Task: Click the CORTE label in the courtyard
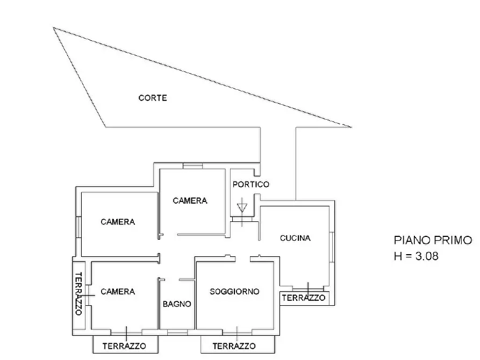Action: [x=153, y=98]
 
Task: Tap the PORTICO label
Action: [x=250, y=184]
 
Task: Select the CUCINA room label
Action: [x=295, y=238]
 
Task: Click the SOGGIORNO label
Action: [x=234, y=291]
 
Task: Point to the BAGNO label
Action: [x=177, y=304]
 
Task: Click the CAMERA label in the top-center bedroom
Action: [x=190, y=200]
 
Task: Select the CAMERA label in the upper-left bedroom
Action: [x=118, y=221]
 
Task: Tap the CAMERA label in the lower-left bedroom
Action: [x=118, y=291]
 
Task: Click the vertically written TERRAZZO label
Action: [x=78, y=293]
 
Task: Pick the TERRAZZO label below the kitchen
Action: [x=304, y=297]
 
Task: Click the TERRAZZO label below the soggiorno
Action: [x=234, y=346]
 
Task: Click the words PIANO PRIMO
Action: [x=433, y=240]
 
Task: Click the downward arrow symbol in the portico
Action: [x=242, y=206]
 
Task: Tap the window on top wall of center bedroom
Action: [x=192, y=165]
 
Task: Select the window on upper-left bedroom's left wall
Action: [x=78, y=227]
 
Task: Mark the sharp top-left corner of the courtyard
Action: [x=54, y=28]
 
